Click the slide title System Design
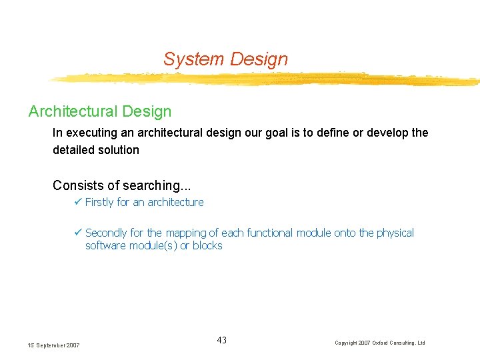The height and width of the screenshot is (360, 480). coord(225,59)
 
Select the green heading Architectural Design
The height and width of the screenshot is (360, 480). coord(100,111)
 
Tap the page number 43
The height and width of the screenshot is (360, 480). coord(221,341)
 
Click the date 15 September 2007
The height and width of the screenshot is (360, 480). coord(53,345)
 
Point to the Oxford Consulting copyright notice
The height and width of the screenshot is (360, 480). coord(379,343)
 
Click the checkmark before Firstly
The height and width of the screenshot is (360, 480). coord(78,202)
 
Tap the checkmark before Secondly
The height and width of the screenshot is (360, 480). coord(78,233)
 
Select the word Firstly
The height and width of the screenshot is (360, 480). coord(100,202)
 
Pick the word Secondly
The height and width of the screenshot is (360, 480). coord(106,233)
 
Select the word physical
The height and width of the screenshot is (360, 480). coord(395,233)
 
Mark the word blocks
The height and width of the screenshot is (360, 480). coord(207,245)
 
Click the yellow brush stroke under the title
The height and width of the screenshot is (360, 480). coord(267,79)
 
